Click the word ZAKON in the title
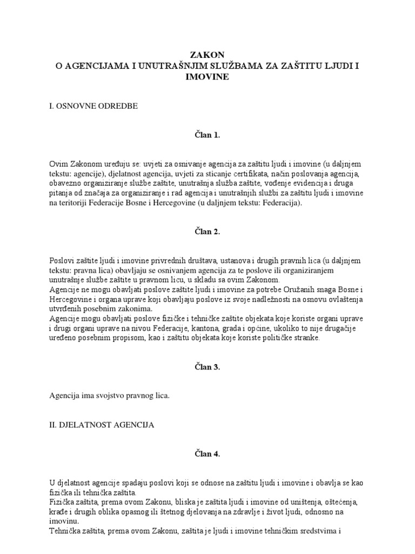point(207,55)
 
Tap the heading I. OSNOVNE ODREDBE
point(93,106)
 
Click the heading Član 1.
point(207,135)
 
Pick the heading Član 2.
point(207,232)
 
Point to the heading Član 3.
point(207,367)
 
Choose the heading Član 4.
point(207,454)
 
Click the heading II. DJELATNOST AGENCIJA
point(102,425)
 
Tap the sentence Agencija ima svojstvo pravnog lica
point(109,396)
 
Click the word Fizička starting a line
point(62,493)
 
